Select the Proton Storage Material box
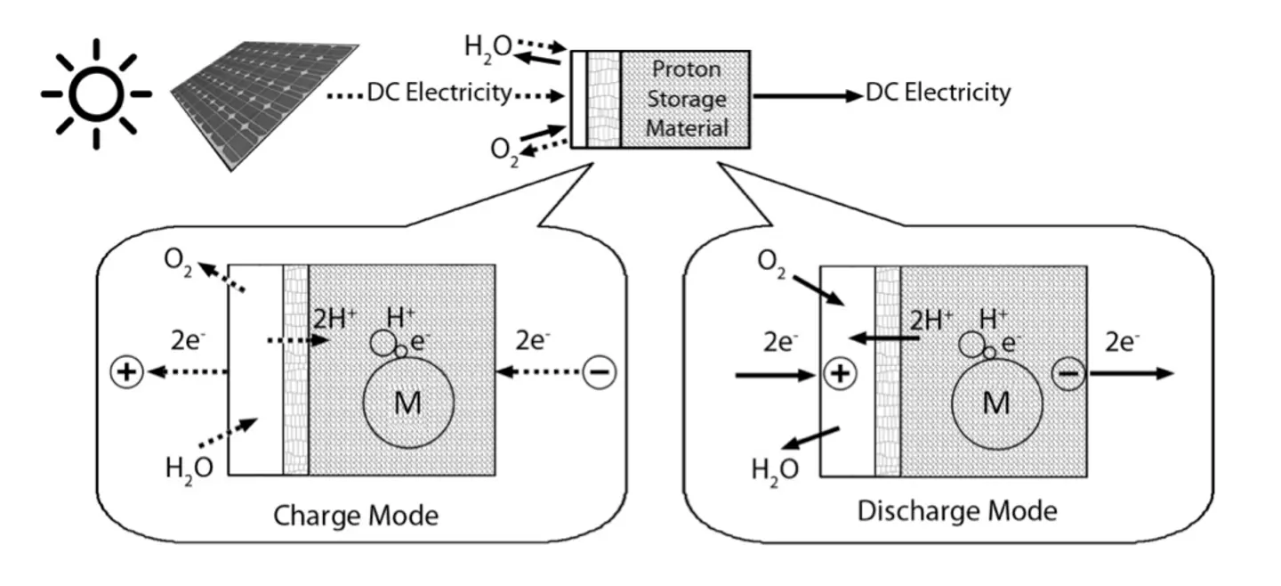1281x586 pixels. point(686,99)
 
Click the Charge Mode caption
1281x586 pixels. point(356,516)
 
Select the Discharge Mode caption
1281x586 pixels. point(957,511)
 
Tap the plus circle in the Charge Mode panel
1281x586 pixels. point(126,372)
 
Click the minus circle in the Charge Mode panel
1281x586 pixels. point(599,372)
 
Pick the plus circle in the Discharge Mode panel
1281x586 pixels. point(839,374)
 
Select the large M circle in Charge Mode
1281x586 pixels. point(408,403)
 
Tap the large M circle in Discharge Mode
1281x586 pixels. point(997,403)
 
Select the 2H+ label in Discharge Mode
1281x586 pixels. point(931,319)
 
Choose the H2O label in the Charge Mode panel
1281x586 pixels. point(189,466)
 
